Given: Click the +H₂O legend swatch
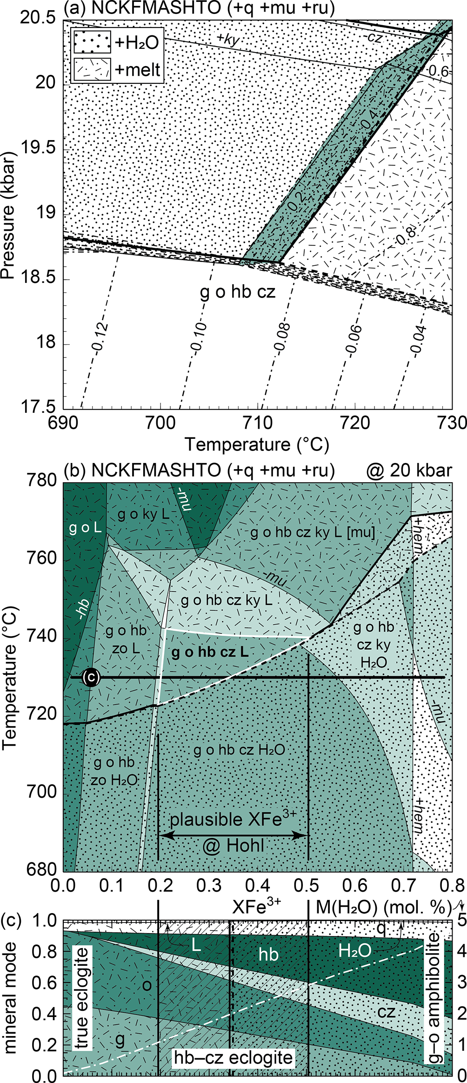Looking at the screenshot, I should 92,42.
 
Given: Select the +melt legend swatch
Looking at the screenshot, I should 92,69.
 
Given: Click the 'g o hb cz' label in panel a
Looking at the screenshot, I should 238,292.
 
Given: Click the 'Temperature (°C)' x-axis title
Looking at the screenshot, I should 257,444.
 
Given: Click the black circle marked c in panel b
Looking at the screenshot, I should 91,677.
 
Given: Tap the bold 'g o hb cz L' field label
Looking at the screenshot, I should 210,652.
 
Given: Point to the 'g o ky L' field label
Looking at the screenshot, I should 143,514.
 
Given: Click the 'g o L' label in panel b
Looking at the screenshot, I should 85,527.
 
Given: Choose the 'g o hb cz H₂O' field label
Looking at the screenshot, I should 239,750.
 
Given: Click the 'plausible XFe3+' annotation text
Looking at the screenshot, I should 233,818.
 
